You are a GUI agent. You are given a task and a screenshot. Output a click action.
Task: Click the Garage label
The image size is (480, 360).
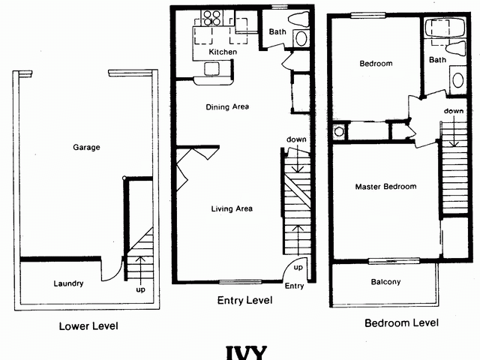click(87, 148)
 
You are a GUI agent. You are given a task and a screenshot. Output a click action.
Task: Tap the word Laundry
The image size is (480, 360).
click(68, 283)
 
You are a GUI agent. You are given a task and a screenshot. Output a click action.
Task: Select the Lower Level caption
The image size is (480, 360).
click(88, 326)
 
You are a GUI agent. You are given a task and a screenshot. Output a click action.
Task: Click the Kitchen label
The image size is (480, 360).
click(223, 52)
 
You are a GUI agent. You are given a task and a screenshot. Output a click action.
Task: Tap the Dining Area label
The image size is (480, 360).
click(227, 107)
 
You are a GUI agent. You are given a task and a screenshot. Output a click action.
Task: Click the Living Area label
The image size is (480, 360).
click(231, 208)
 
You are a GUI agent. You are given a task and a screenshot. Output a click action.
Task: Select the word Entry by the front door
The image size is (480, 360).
click(295, 285)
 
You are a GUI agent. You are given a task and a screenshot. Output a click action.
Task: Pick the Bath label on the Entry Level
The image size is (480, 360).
click(277, 31)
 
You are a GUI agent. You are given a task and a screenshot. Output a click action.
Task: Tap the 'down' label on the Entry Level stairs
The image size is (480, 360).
click(295, 139)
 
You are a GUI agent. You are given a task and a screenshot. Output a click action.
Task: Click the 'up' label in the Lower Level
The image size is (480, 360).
click(140, 289)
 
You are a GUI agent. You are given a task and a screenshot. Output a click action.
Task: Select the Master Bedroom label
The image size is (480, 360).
click(385, 187)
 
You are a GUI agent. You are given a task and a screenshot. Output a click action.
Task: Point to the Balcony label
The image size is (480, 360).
click(385, 283)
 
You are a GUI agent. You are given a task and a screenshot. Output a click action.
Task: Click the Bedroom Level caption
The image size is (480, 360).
click(401, 324)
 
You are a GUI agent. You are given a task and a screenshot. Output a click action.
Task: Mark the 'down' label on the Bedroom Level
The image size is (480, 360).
click(453, 111)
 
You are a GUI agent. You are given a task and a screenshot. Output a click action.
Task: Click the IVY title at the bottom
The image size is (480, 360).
click(245, 352)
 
